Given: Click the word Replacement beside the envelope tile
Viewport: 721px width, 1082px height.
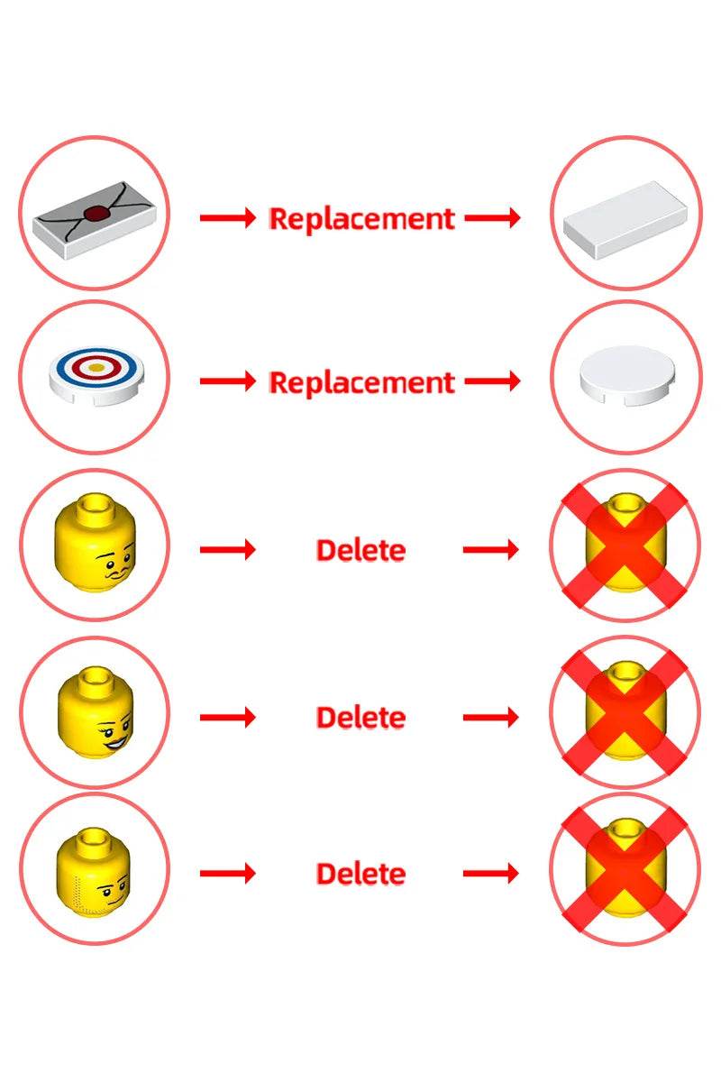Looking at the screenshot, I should tap(361, 218).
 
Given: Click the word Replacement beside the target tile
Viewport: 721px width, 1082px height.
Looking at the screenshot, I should tap(361, 382).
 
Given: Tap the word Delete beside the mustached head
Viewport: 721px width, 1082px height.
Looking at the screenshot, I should tap(360, 550).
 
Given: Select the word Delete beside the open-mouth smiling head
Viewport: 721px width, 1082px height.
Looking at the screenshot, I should tap(360, 718).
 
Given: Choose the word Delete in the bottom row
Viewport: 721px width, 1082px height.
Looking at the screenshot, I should tap(360, 874).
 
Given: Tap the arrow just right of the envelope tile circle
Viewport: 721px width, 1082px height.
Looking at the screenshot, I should tap(227, 218).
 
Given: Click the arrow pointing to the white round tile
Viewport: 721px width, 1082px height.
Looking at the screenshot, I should tap(492, 381).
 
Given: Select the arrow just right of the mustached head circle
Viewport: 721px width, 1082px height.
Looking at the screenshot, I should tap(227, 549).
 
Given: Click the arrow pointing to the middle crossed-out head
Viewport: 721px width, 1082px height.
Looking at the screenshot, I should tap(491, 718).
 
